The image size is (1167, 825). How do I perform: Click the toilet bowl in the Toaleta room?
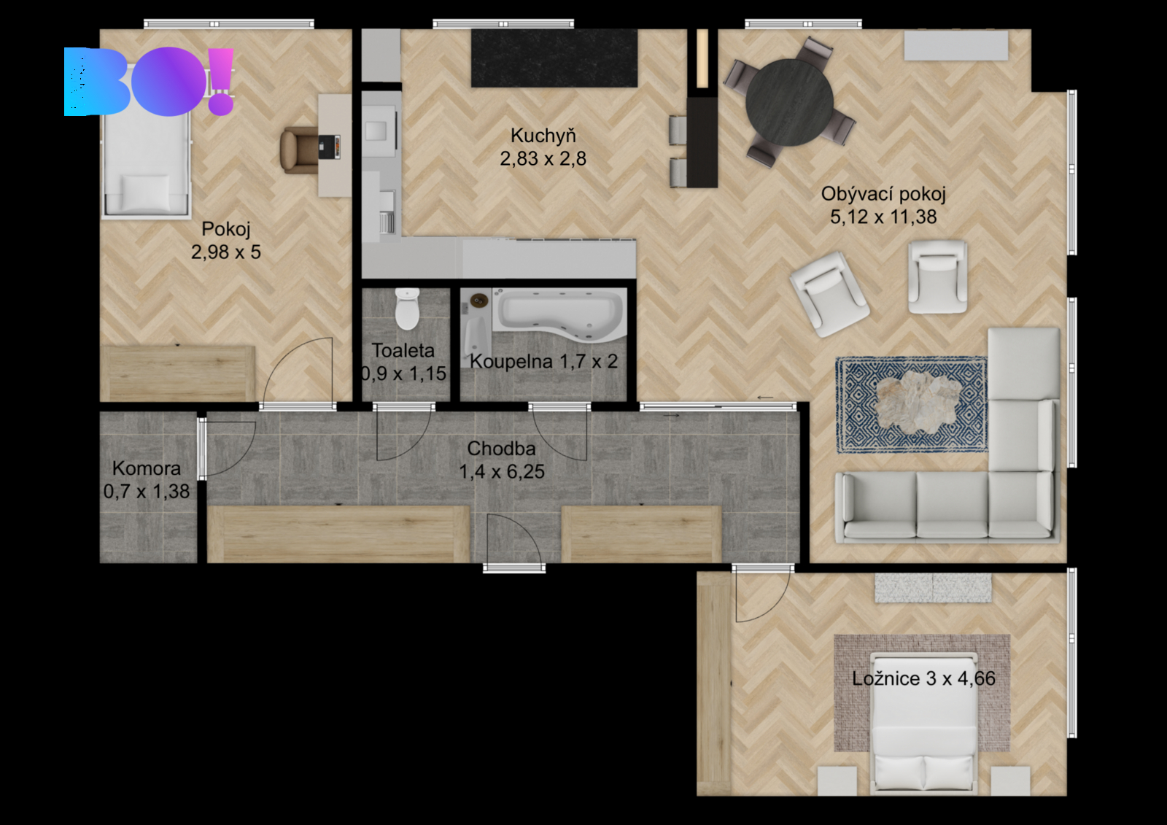[408, 309]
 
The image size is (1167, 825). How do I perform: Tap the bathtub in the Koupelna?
[559, 314]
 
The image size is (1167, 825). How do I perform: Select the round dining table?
[789, 102]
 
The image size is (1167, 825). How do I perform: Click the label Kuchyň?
[543, 136]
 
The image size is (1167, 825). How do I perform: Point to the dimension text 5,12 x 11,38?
[883, 217]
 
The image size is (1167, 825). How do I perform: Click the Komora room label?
[147, 468]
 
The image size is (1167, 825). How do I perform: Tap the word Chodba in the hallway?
[501, 448]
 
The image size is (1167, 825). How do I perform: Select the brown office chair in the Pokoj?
[300, 150]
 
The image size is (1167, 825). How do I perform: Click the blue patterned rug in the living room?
[911, 405]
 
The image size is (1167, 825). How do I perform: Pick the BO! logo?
[149, 81]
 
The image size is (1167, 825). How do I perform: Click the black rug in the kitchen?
[554, 58]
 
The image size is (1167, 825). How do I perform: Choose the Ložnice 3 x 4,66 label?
[923, 678]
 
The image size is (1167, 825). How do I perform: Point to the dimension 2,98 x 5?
[225, 252]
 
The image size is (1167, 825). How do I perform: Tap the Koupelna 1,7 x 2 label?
[543, 361]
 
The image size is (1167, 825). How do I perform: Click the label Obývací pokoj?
[883, 194]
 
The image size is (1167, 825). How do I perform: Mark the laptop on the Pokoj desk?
[329, 147]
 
